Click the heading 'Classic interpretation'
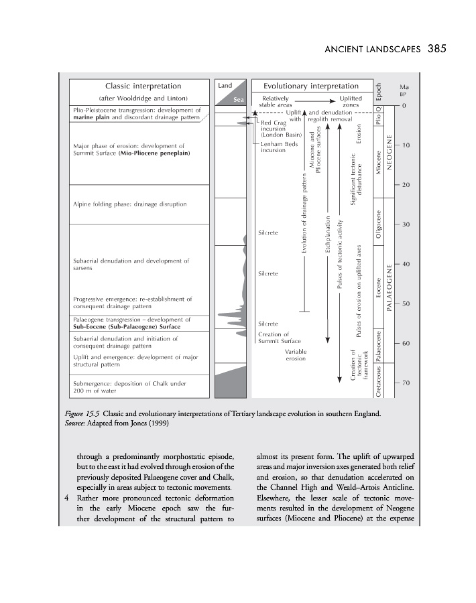point(143,86)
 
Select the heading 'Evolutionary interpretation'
point(310,86)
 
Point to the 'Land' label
point(225,85)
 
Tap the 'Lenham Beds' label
point(278,145)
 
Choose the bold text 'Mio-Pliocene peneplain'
point(154,153)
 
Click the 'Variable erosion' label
point(295,355)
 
